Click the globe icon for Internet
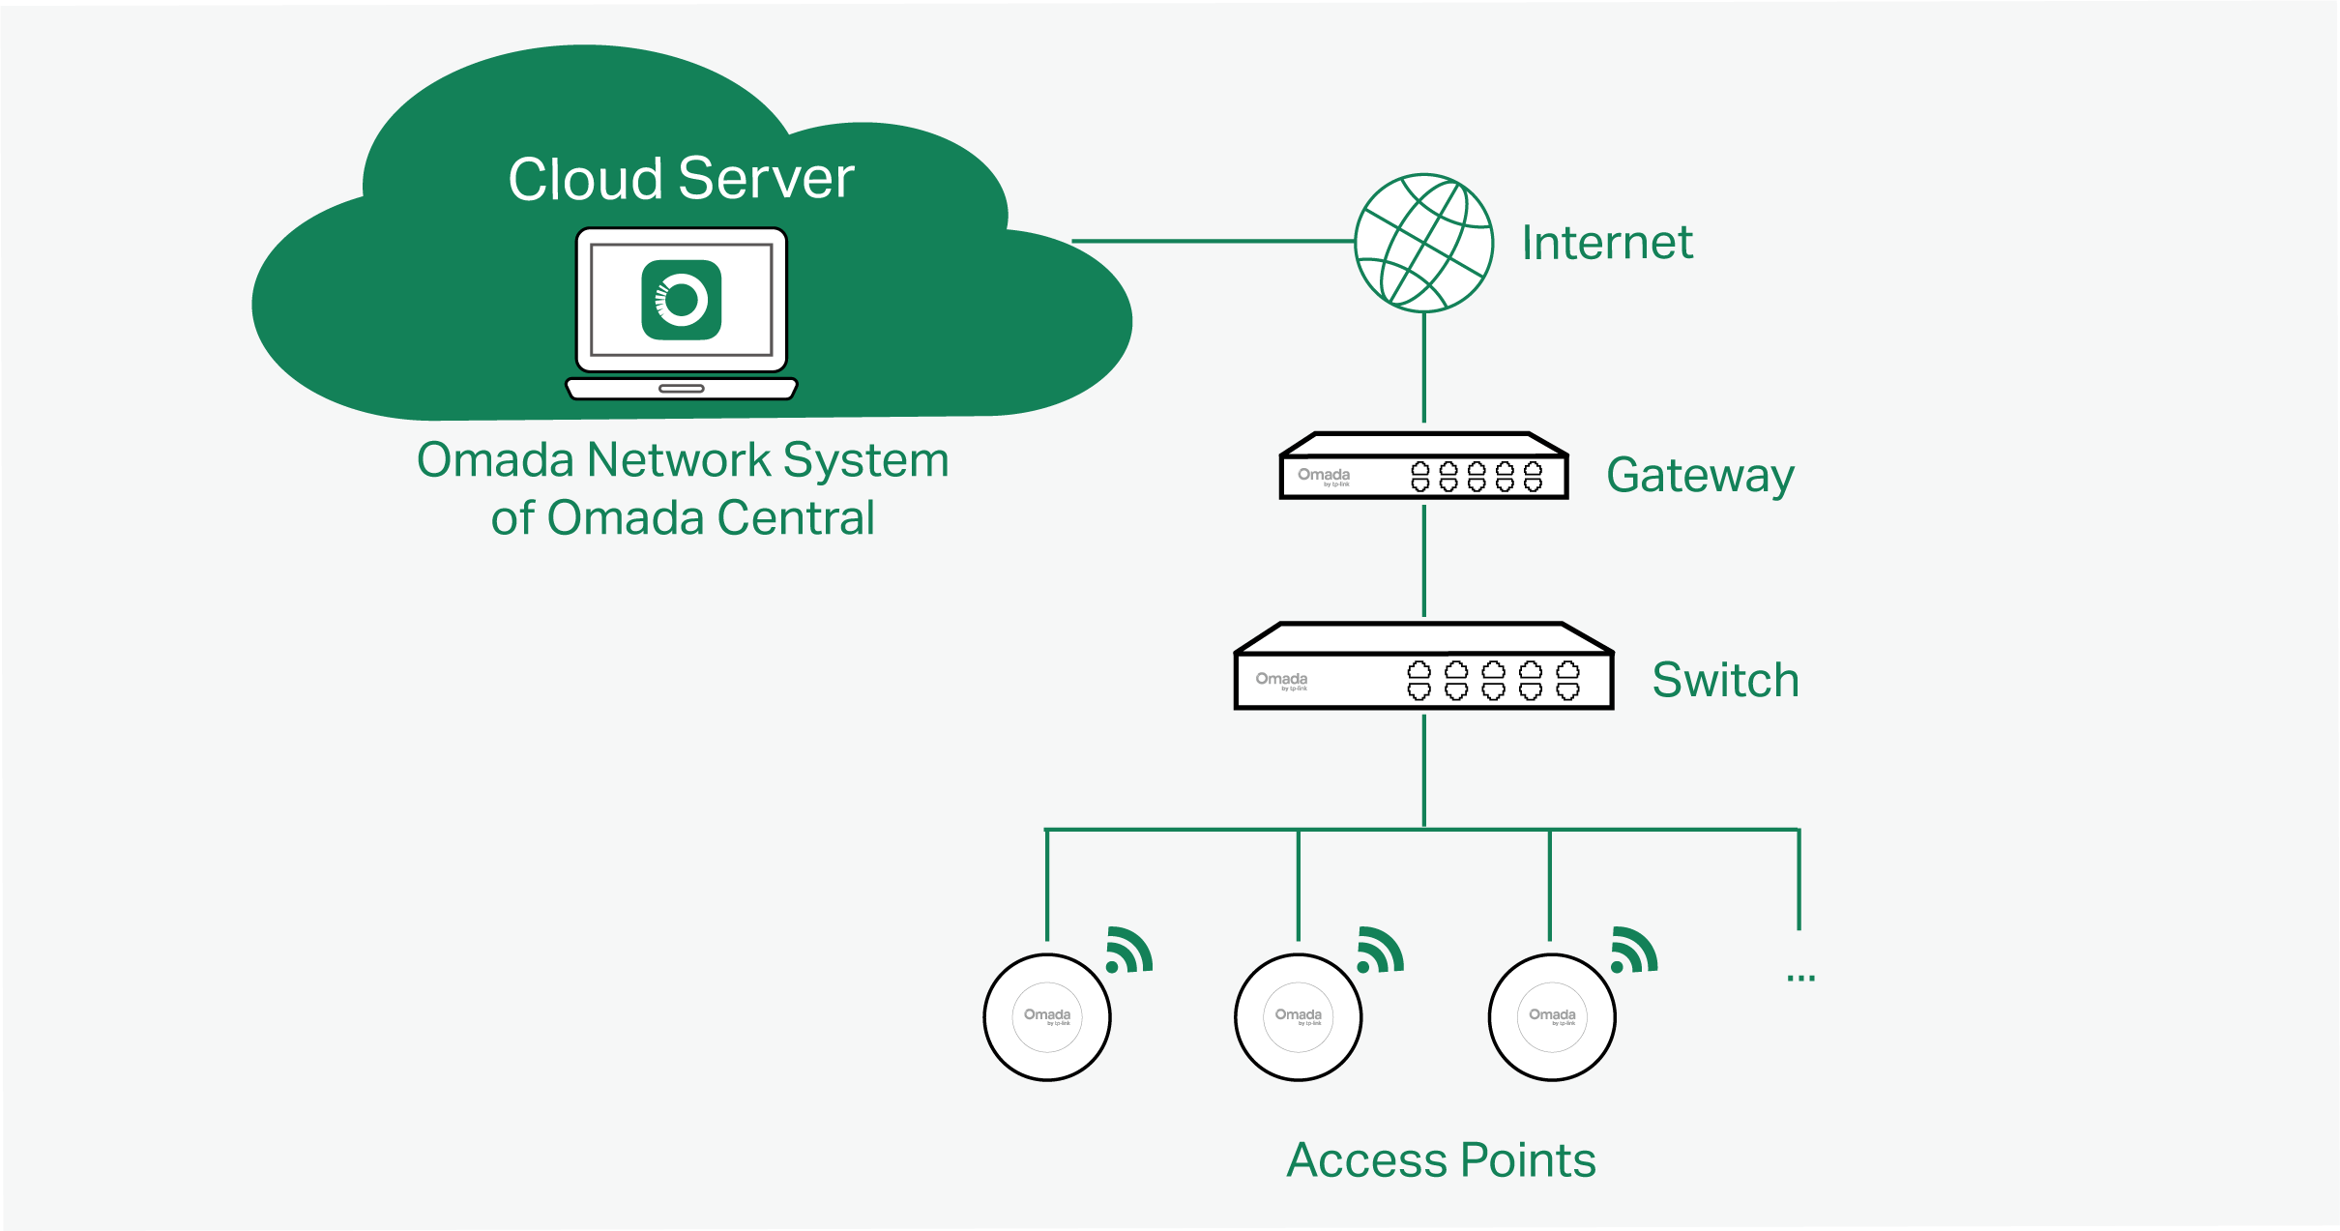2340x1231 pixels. coord(1423,243)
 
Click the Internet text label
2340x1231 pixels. coord(1606,243)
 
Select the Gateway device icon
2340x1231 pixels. coord(1423,468)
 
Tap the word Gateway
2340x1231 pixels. coord(1699,476)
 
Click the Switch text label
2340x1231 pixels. coord(1725,680)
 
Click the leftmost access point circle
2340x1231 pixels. coord(1047,1016)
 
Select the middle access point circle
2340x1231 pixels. coord(1299,1016)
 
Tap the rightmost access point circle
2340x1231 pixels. coord(1552,1016)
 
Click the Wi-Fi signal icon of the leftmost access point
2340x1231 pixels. coord(1129,950)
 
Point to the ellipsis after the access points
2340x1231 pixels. coord(1800,978)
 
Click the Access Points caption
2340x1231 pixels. coord(1441,1159)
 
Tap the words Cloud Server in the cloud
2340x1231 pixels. coord(681,179)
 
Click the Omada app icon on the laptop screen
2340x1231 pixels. coord(681,300)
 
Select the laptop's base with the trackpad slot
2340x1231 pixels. coord(681,389)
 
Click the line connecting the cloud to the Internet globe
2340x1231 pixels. coord(1214,241)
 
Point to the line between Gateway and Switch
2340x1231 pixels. coord(1423,561)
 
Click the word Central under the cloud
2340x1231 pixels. coord(795,518)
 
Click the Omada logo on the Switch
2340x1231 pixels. coord(1281,680)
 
